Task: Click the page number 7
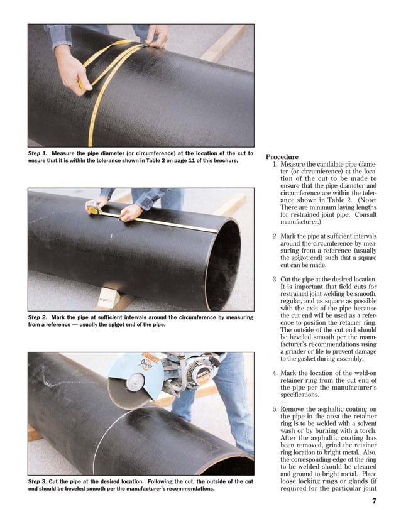click(373, 501)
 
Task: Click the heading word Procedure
click(282, 156)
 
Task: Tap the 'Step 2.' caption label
click(39, 318)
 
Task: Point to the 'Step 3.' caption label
click(39, 482)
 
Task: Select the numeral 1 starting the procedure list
click(275, 165)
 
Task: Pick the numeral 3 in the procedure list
click(275, 279)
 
